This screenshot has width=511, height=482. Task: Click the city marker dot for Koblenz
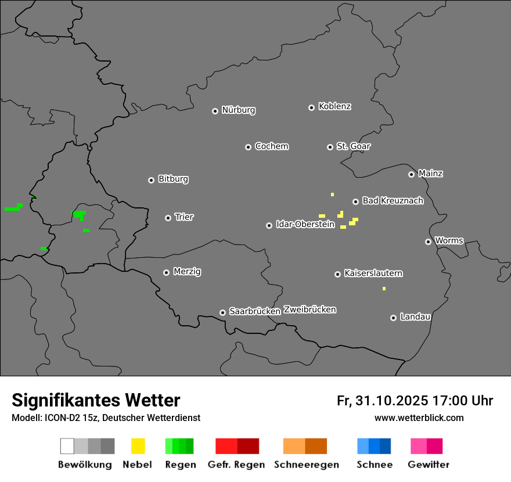pos(311,107)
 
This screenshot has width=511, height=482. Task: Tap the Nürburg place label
pos(239,110)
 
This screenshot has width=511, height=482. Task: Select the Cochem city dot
pos(248,147)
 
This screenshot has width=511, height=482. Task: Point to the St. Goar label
pos(354,146)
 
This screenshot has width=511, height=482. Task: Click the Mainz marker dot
pos(411,174)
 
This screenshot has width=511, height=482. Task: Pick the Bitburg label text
pos(173,179)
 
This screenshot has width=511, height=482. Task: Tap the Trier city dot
pos(168,218)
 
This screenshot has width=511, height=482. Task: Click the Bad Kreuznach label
pos(393,201)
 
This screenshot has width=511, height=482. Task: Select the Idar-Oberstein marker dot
pos(269,225)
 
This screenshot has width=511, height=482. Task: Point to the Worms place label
pos(449,240)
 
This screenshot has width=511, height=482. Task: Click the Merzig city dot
pos(166,272)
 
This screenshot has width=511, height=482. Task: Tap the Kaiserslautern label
pos(373,273)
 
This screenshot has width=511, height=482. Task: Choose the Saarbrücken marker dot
pos(222,312)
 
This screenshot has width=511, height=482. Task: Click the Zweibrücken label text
pos(310,310)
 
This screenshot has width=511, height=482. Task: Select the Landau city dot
pos(393,318)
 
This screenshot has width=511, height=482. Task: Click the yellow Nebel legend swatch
pos(138,446)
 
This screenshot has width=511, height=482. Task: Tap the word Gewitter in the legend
pos(429,465)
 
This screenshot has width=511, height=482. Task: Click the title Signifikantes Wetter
pos(96,401)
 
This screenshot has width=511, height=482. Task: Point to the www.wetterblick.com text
pos(419,418)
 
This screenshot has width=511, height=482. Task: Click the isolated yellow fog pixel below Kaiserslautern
pos(384,289)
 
